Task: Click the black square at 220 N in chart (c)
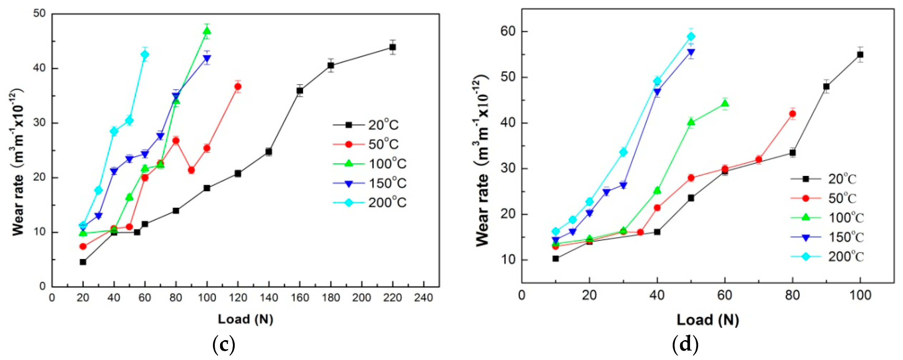393,47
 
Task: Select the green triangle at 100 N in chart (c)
207,31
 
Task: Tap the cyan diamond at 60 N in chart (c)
145,54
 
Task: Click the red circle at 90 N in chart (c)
191,170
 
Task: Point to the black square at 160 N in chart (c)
300,90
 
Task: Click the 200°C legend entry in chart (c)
370,203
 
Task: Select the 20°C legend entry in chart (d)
827,179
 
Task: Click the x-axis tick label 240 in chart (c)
424,298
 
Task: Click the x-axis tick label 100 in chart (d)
860,295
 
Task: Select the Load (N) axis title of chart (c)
245,319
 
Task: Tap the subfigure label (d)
685,345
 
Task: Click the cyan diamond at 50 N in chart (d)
691,36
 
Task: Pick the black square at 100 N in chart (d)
860,55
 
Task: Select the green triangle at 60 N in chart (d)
725,103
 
